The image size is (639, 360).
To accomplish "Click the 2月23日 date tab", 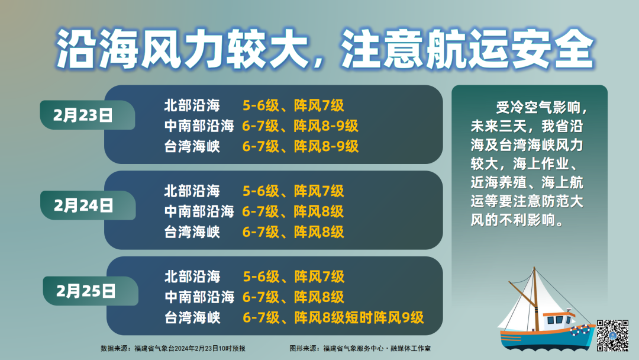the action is [87, 115].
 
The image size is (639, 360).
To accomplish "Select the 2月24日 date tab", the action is [88, 205].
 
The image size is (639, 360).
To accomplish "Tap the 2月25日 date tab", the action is [91, 291].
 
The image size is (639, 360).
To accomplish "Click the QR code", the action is [612, 336].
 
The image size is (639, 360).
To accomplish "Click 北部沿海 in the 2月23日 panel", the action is [192, 105].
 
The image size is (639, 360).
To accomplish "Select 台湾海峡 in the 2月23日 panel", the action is [192, 146].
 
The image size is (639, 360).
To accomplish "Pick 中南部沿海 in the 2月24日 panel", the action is [199, 211].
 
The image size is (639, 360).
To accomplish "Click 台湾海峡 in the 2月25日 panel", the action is [192, 317].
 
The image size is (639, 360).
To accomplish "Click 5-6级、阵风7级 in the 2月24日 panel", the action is [293, 191].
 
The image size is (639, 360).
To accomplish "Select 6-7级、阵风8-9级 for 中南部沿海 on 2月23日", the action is [301, 126].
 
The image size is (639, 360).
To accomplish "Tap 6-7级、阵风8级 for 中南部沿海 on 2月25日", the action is [293, 297].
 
